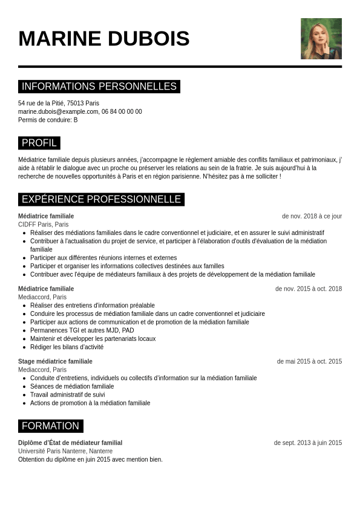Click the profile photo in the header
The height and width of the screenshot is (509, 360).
pyautogui.click(x=321, y=39)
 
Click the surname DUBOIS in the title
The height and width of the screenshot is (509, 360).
pyautogui.click(x=148, y=39)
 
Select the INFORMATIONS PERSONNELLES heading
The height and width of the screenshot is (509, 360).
pyautogui.click(x=99, y=87)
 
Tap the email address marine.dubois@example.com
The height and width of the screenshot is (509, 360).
pyautogui.click(x=58, y=111)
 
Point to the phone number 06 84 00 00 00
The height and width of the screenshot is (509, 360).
pyautogui.click(x=122, y=111)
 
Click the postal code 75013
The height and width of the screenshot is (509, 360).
pyautogui.click(x=76, y=103)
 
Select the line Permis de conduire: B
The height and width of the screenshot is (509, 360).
pyautogui.click(x=48, y=120)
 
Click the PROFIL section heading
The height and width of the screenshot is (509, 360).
pyautogui.click(x=39, y=143)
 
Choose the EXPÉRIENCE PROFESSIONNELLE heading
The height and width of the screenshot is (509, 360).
pyautogui.click(x=101, y=199)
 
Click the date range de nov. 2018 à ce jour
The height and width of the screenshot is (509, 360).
pyautogui.click(x=312, y=216)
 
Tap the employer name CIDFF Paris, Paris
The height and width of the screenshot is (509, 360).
pyautogui.click(x=44, y=225)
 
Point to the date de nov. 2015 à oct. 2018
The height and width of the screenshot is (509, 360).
pyautogui.click(x=309, y=289)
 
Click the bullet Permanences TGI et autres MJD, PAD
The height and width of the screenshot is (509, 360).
pyautogui.click(x=82, y=330)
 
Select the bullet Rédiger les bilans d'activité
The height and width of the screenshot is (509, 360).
pyautogui.click(x=67, y=347)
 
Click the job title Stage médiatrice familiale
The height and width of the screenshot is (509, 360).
pyautogui.click(x=55, y=361)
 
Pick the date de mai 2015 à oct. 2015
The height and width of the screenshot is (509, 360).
pyautogui.click(x=309, y=361)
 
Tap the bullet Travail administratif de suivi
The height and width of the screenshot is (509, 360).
pyautogui.click(x=68, y=395)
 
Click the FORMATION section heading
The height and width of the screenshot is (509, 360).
pyautogui.click(x=50, y=426)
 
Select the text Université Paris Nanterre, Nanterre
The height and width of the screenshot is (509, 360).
pyautogui.click(x=65, y=451)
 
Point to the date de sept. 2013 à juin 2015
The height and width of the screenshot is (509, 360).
pyautogui.click(x=307, y=442)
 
